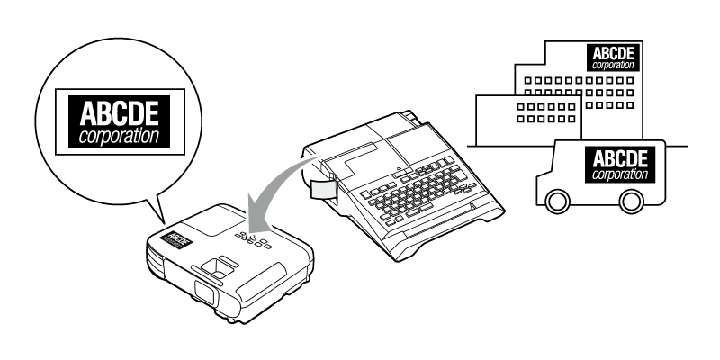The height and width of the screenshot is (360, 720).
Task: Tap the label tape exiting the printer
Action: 319,188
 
